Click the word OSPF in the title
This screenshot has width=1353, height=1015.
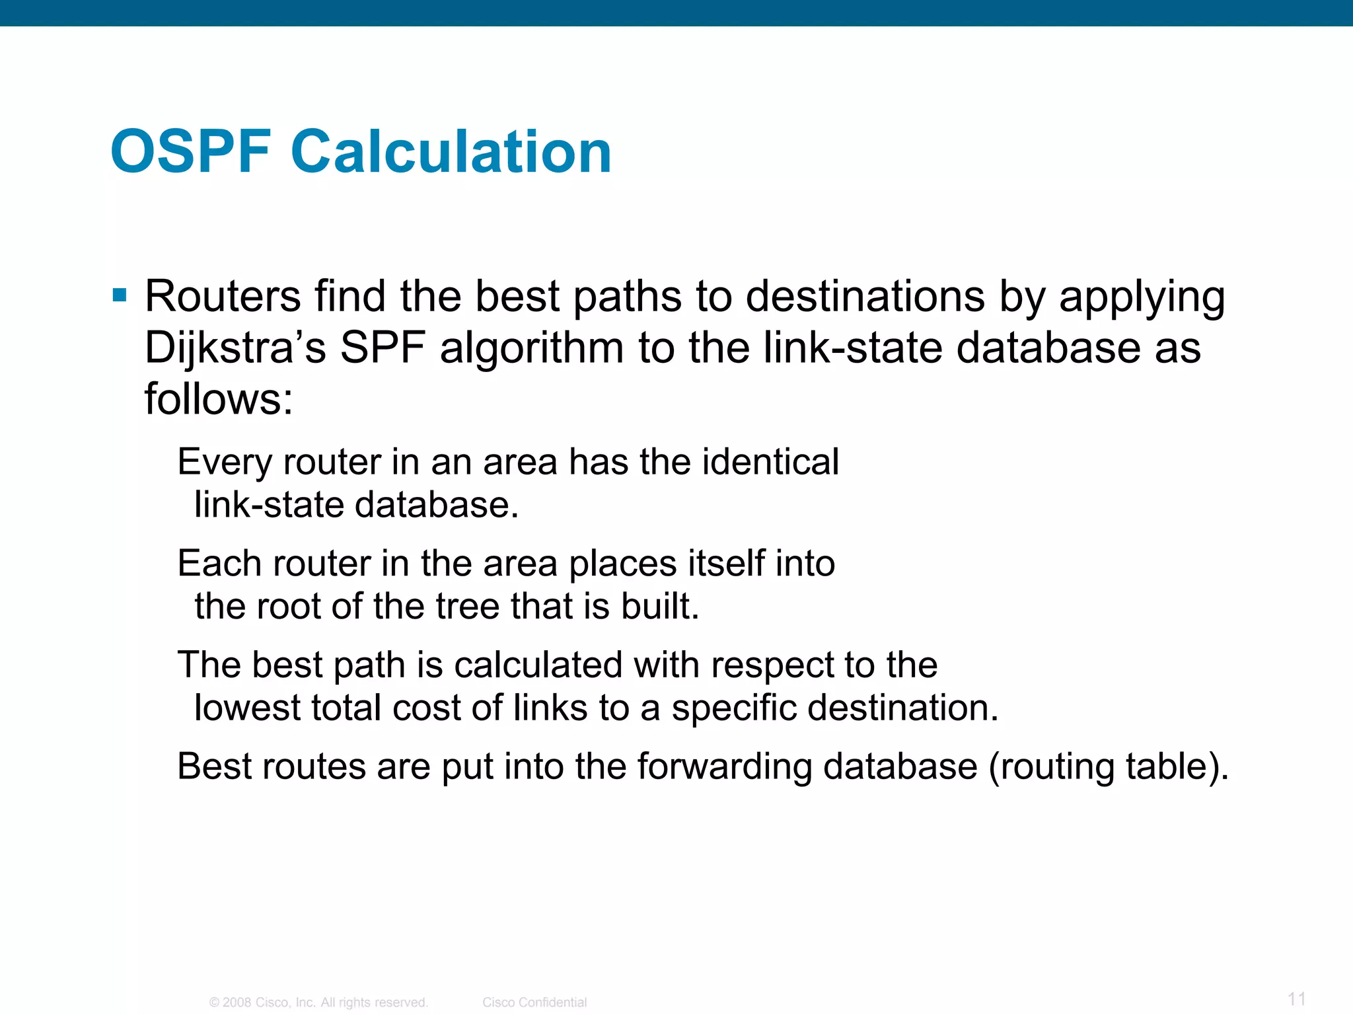pos(191,152)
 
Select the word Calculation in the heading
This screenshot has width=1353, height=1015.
pos(451,152)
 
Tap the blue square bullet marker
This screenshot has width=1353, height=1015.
pos(120,295)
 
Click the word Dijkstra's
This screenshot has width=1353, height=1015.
pos(235,348)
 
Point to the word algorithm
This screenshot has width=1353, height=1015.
pos(531,348)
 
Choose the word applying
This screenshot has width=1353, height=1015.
pos(1142,297)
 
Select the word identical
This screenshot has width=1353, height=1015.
pos(770,461)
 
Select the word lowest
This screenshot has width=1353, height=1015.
pos(247,708)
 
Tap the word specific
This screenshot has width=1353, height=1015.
pos(733,708)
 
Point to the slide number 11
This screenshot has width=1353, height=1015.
pos(1297,998)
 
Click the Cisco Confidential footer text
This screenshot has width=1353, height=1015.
pos(534,1002)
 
